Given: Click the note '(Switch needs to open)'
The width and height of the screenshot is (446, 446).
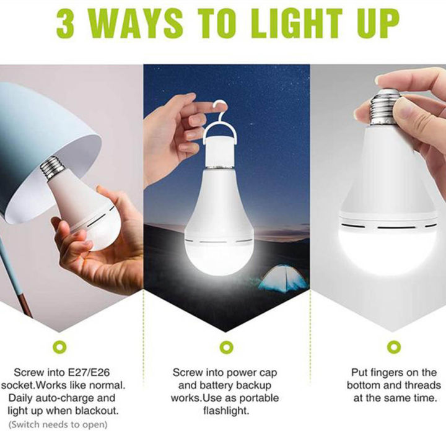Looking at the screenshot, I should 58,424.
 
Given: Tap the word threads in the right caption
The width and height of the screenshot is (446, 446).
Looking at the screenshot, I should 421,385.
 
